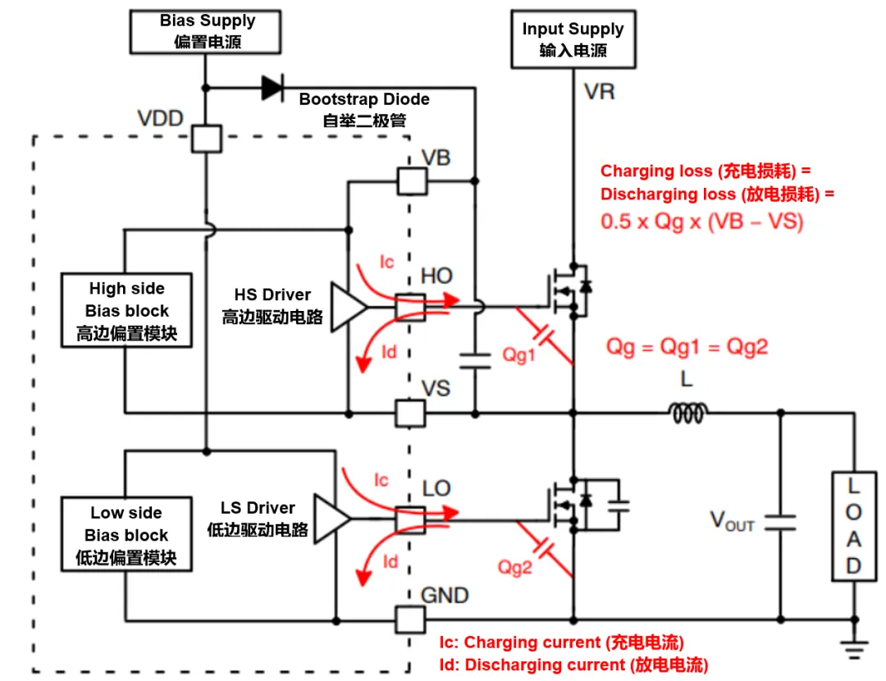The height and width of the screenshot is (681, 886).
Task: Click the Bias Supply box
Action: (207, 31)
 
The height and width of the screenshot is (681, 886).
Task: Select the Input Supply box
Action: (573, 39)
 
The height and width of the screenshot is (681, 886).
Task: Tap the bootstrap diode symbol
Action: (272, 87)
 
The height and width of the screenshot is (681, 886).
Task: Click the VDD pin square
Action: (206, 138)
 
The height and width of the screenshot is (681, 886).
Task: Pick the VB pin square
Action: (410, 181)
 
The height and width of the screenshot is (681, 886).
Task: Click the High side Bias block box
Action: (127, 311)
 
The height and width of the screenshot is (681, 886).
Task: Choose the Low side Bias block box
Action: (126, 535)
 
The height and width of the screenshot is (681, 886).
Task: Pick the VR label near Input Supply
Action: (599, 91)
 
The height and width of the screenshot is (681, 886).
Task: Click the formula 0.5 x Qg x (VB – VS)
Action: (701, 221)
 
